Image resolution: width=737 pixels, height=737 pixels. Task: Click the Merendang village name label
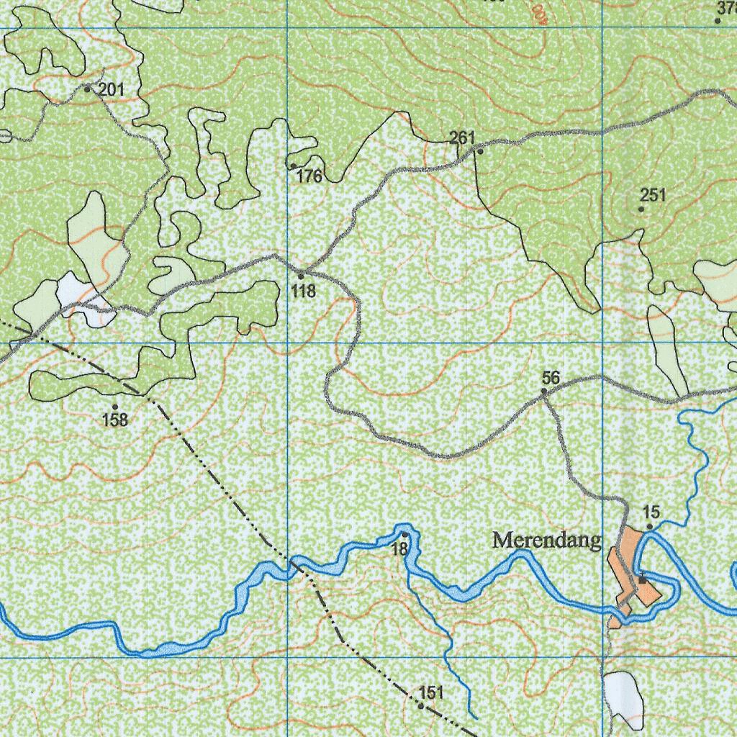click(546, 541)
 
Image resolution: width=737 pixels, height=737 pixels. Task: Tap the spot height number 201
click(112, 90)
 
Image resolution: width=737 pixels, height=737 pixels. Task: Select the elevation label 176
click(309, 176)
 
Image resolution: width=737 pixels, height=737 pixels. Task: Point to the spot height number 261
click(463, 137)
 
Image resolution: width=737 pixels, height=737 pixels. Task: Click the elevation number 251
click(654, 195)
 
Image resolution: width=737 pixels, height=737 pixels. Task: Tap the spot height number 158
click(115, 420)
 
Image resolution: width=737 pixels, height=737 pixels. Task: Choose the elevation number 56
click(551, 378)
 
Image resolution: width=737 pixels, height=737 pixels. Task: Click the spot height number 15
click(651, 512)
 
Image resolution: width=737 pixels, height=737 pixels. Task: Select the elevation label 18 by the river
click(399, 548)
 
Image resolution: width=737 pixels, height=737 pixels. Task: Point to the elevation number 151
click(430, 693)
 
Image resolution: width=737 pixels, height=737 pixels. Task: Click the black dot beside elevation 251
click(641, 209)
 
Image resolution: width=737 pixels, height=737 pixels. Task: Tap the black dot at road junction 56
click(544, 392)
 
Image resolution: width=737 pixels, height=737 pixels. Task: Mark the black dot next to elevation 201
click(88, 89)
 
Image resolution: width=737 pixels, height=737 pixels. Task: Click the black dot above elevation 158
click(115, 407)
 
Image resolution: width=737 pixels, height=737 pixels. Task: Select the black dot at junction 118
click(301, 276)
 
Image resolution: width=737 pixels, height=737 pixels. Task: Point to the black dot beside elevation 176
click(293, 166)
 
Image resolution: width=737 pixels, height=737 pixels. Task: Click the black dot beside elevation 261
click(479, 151)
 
